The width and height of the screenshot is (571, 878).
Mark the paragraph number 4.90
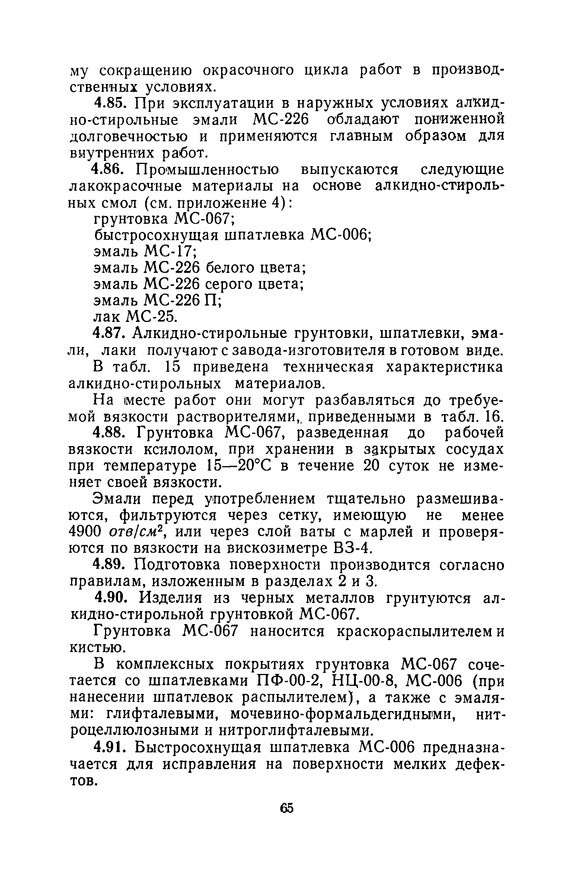pos(114,598)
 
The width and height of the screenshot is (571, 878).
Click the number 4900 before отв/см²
pos(86,532)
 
